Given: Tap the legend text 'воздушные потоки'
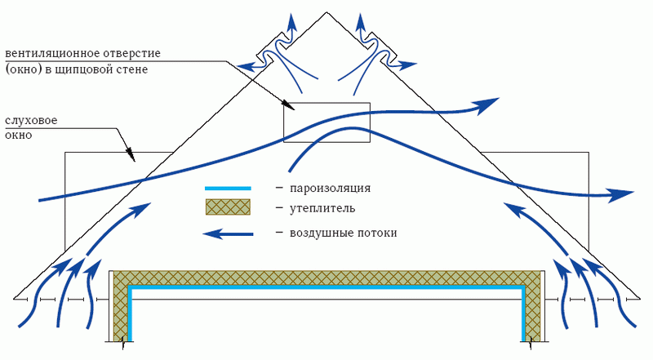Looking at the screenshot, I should (x=343, y=233).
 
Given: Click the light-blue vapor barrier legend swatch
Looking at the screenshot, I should (x=227, y=189).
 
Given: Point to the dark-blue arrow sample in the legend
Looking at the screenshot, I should (x=227, y=234).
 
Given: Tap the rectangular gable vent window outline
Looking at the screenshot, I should (x=326, y=122).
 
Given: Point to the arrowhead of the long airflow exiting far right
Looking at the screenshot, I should (x=624, y=194).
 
